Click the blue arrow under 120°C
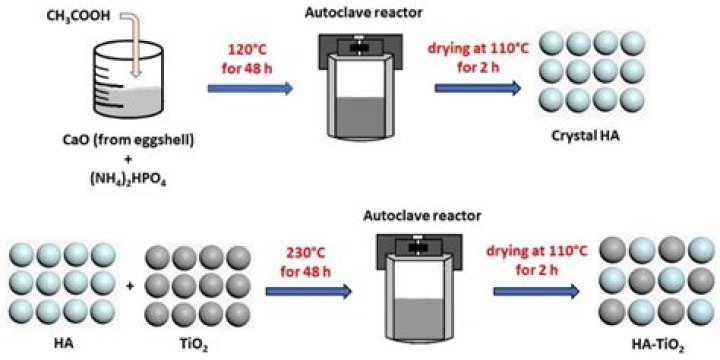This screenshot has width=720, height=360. tap(249, 89)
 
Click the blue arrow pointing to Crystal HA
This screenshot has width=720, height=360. tap(479, 89)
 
